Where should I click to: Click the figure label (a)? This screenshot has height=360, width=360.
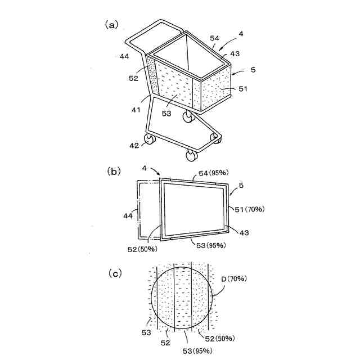(x=111, y=24)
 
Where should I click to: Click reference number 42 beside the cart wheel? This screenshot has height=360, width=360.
(x=134, y=145)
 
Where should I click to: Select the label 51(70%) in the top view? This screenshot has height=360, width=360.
(x=250, y=209)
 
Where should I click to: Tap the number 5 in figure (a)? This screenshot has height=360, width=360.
(x=254, y=70)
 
